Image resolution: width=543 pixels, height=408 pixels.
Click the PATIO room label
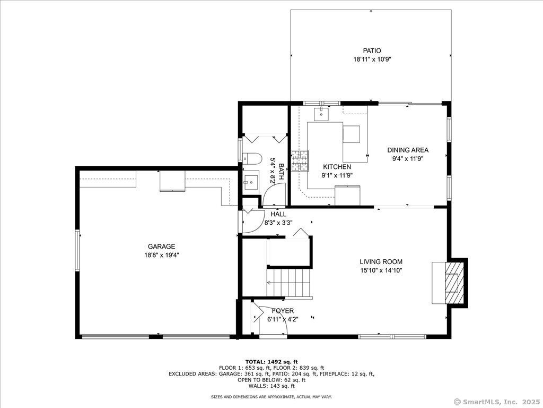click(372, 50)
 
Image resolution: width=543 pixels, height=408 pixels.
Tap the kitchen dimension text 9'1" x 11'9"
click(337, 175)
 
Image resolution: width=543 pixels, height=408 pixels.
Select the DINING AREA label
click(407, 150)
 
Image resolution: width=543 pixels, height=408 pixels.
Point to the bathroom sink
click(250, 183)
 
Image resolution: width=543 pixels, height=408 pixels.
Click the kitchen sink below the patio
click(321, 113)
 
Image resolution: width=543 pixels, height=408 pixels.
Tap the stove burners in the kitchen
click(300, 161)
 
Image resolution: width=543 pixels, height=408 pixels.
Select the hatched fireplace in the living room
click(452, 282)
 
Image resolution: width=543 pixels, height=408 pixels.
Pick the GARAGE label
click(161, 246)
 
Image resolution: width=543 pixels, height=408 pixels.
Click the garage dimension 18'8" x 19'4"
click(161, 255)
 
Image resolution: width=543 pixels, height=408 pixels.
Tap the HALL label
click(278, 214)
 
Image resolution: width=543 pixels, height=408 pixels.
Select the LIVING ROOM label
click(381, 261)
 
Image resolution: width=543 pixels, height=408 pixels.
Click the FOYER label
click(283, 311)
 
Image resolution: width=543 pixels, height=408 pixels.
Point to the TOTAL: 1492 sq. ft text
click(271, 362)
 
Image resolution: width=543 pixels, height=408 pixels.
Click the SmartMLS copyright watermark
click(497, 402)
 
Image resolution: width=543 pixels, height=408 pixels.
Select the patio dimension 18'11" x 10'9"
click(372, 59)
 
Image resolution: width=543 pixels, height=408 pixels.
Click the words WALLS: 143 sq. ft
click(271, 386)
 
